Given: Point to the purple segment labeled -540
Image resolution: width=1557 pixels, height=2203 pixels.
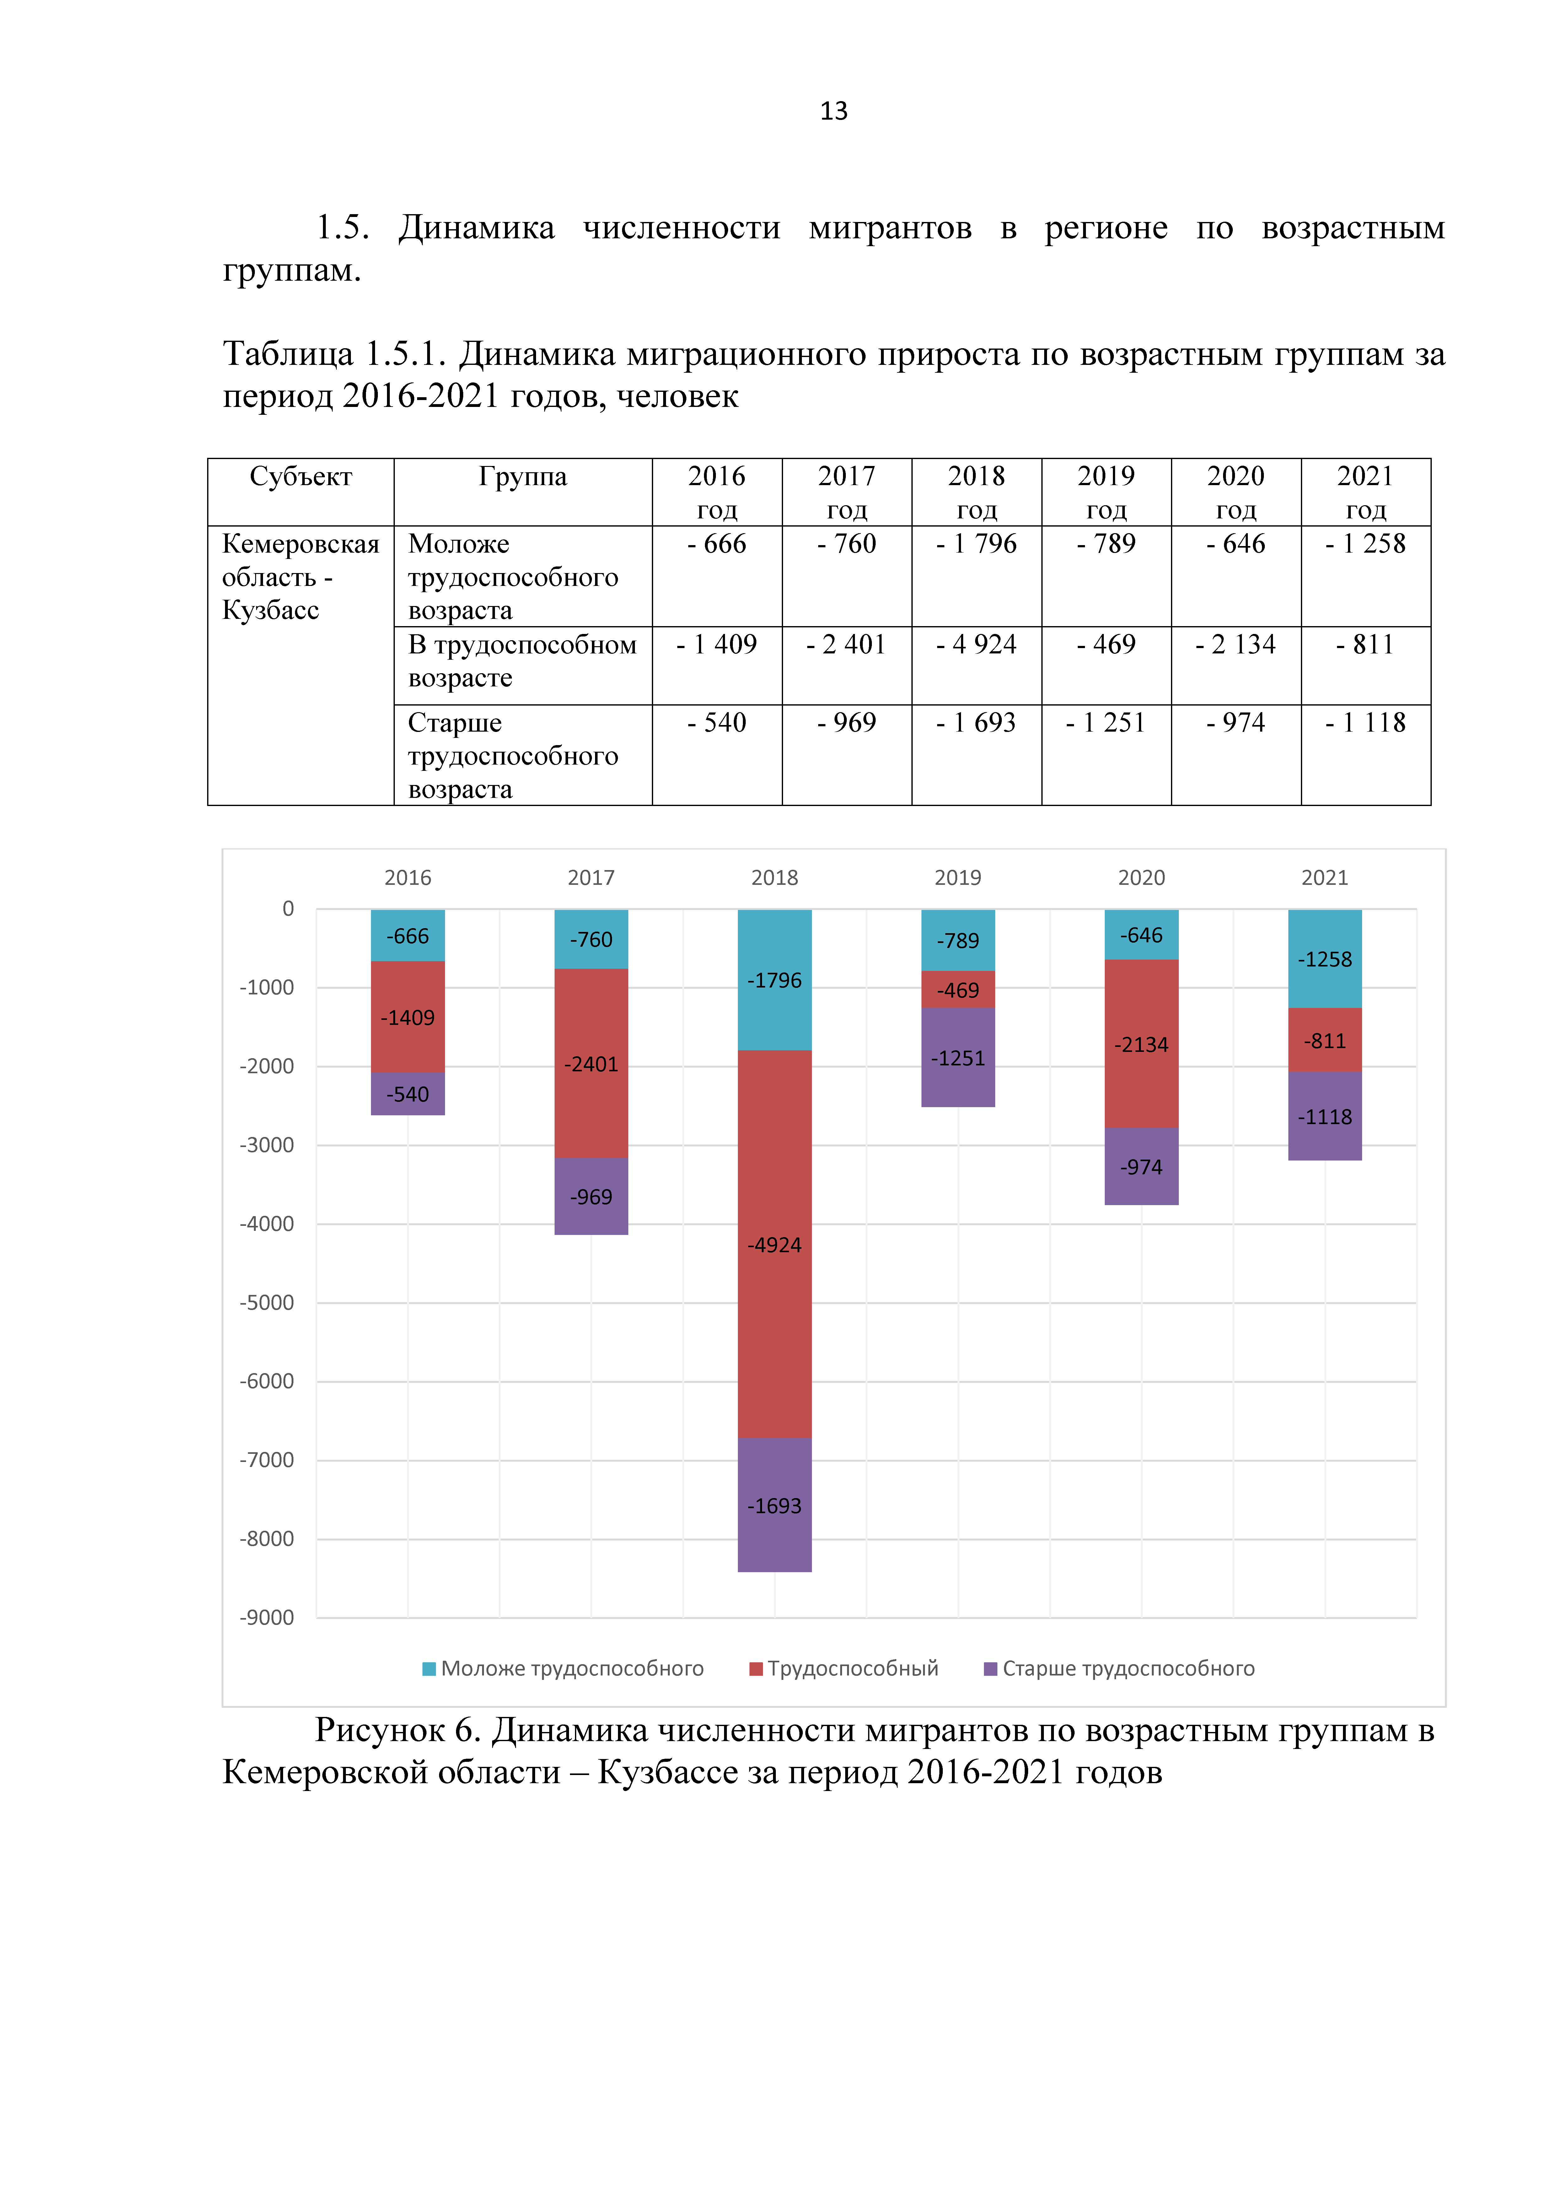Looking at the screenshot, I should [x=408, y=1094].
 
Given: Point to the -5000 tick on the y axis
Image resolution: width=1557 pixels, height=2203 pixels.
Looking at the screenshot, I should [x=267, y=1302].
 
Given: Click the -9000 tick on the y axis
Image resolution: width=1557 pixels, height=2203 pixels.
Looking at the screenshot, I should [x=267, y=1618].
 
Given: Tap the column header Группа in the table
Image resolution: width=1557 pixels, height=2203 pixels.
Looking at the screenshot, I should [x=523, y=477].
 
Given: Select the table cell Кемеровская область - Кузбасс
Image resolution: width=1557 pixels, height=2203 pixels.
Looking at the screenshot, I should [x=300, y=577].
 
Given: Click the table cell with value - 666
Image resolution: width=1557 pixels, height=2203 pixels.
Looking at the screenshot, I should [x=717, y=544].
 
